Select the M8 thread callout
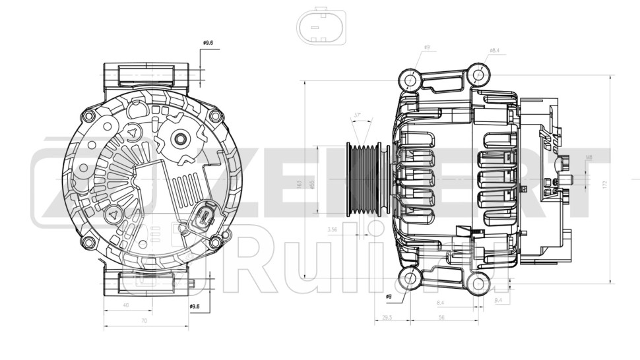(x=589, y=157)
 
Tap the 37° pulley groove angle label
(x=358, y=115)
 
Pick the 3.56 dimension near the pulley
(x=333, y=230)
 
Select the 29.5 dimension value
(x=388, y=317)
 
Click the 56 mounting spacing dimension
(x=441, y=317)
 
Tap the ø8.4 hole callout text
(x=494, y=51)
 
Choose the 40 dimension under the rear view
(x=126, y=305)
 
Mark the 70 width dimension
(x=143, y=321)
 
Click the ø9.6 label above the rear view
(x=208, y=44)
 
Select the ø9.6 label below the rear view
(x=195, y=306)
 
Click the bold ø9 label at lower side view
(x=389, y=297)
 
